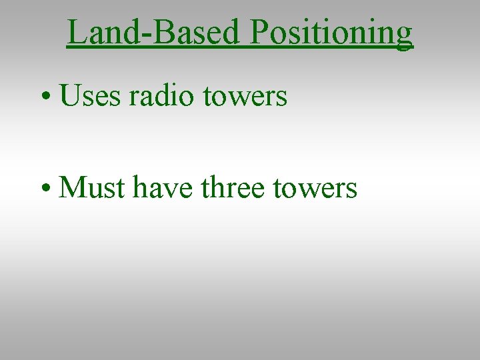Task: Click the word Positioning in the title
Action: tap(332, 32)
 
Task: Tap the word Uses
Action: tap(90, 96)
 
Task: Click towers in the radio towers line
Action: tap(245, 97)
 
